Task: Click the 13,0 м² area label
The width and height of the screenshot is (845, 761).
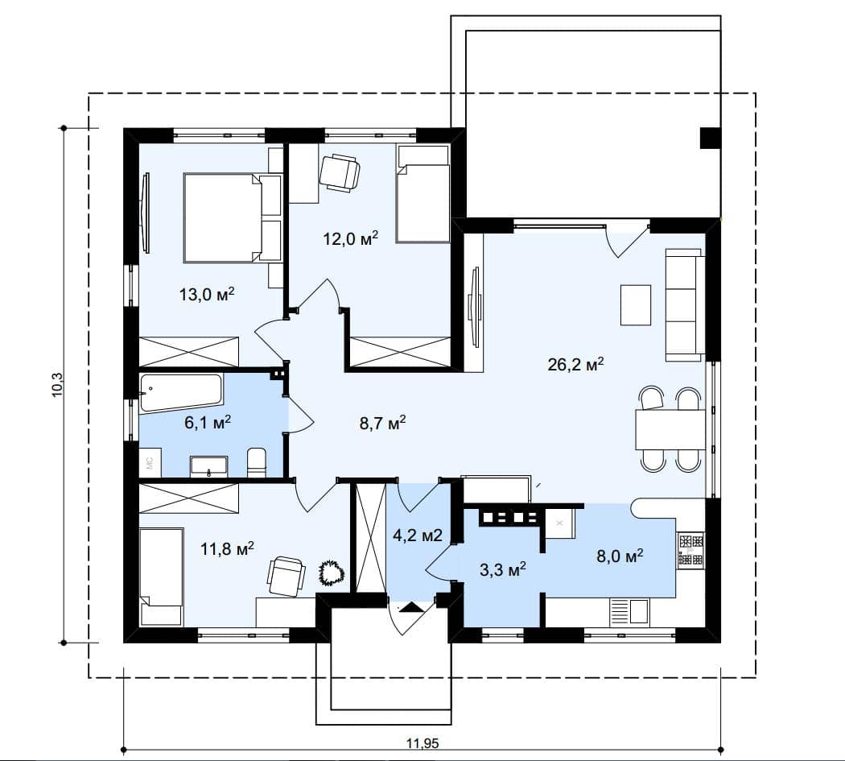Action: click(x=207, y=294)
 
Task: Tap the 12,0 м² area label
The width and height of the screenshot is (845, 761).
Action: click(x=351, y=238)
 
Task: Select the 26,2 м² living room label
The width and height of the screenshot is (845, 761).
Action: click(x=575, y=364)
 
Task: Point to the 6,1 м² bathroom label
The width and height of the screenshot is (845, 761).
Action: click(x=208, y=422)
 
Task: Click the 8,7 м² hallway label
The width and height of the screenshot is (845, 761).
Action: click(x=382, y=423)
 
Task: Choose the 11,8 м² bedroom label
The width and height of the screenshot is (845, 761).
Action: click(x=227, y=549)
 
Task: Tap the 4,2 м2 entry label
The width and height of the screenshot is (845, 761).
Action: click(x=418, y=535)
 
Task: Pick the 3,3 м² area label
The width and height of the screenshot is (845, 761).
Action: click(x=503, y=569)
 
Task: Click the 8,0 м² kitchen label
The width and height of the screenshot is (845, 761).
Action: click(x=620, y=556)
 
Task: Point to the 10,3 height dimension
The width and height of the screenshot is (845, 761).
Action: click(x=58, y=385)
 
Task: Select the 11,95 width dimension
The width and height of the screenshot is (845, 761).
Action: click(x=422, y=744)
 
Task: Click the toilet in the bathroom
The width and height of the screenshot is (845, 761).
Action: click(x=257, y=462)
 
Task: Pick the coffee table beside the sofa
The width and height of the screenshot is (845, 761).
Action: click(x=636, y=304)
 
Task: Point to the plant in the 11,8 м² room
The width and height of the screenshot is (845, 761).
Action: click(x=329, y=573)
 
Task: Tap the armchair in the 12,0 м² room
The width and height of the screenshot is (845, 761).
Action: click(x=340, y=172)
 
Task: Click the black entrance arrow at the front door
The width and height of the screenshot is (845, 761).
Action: click(x=412, y=607)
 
